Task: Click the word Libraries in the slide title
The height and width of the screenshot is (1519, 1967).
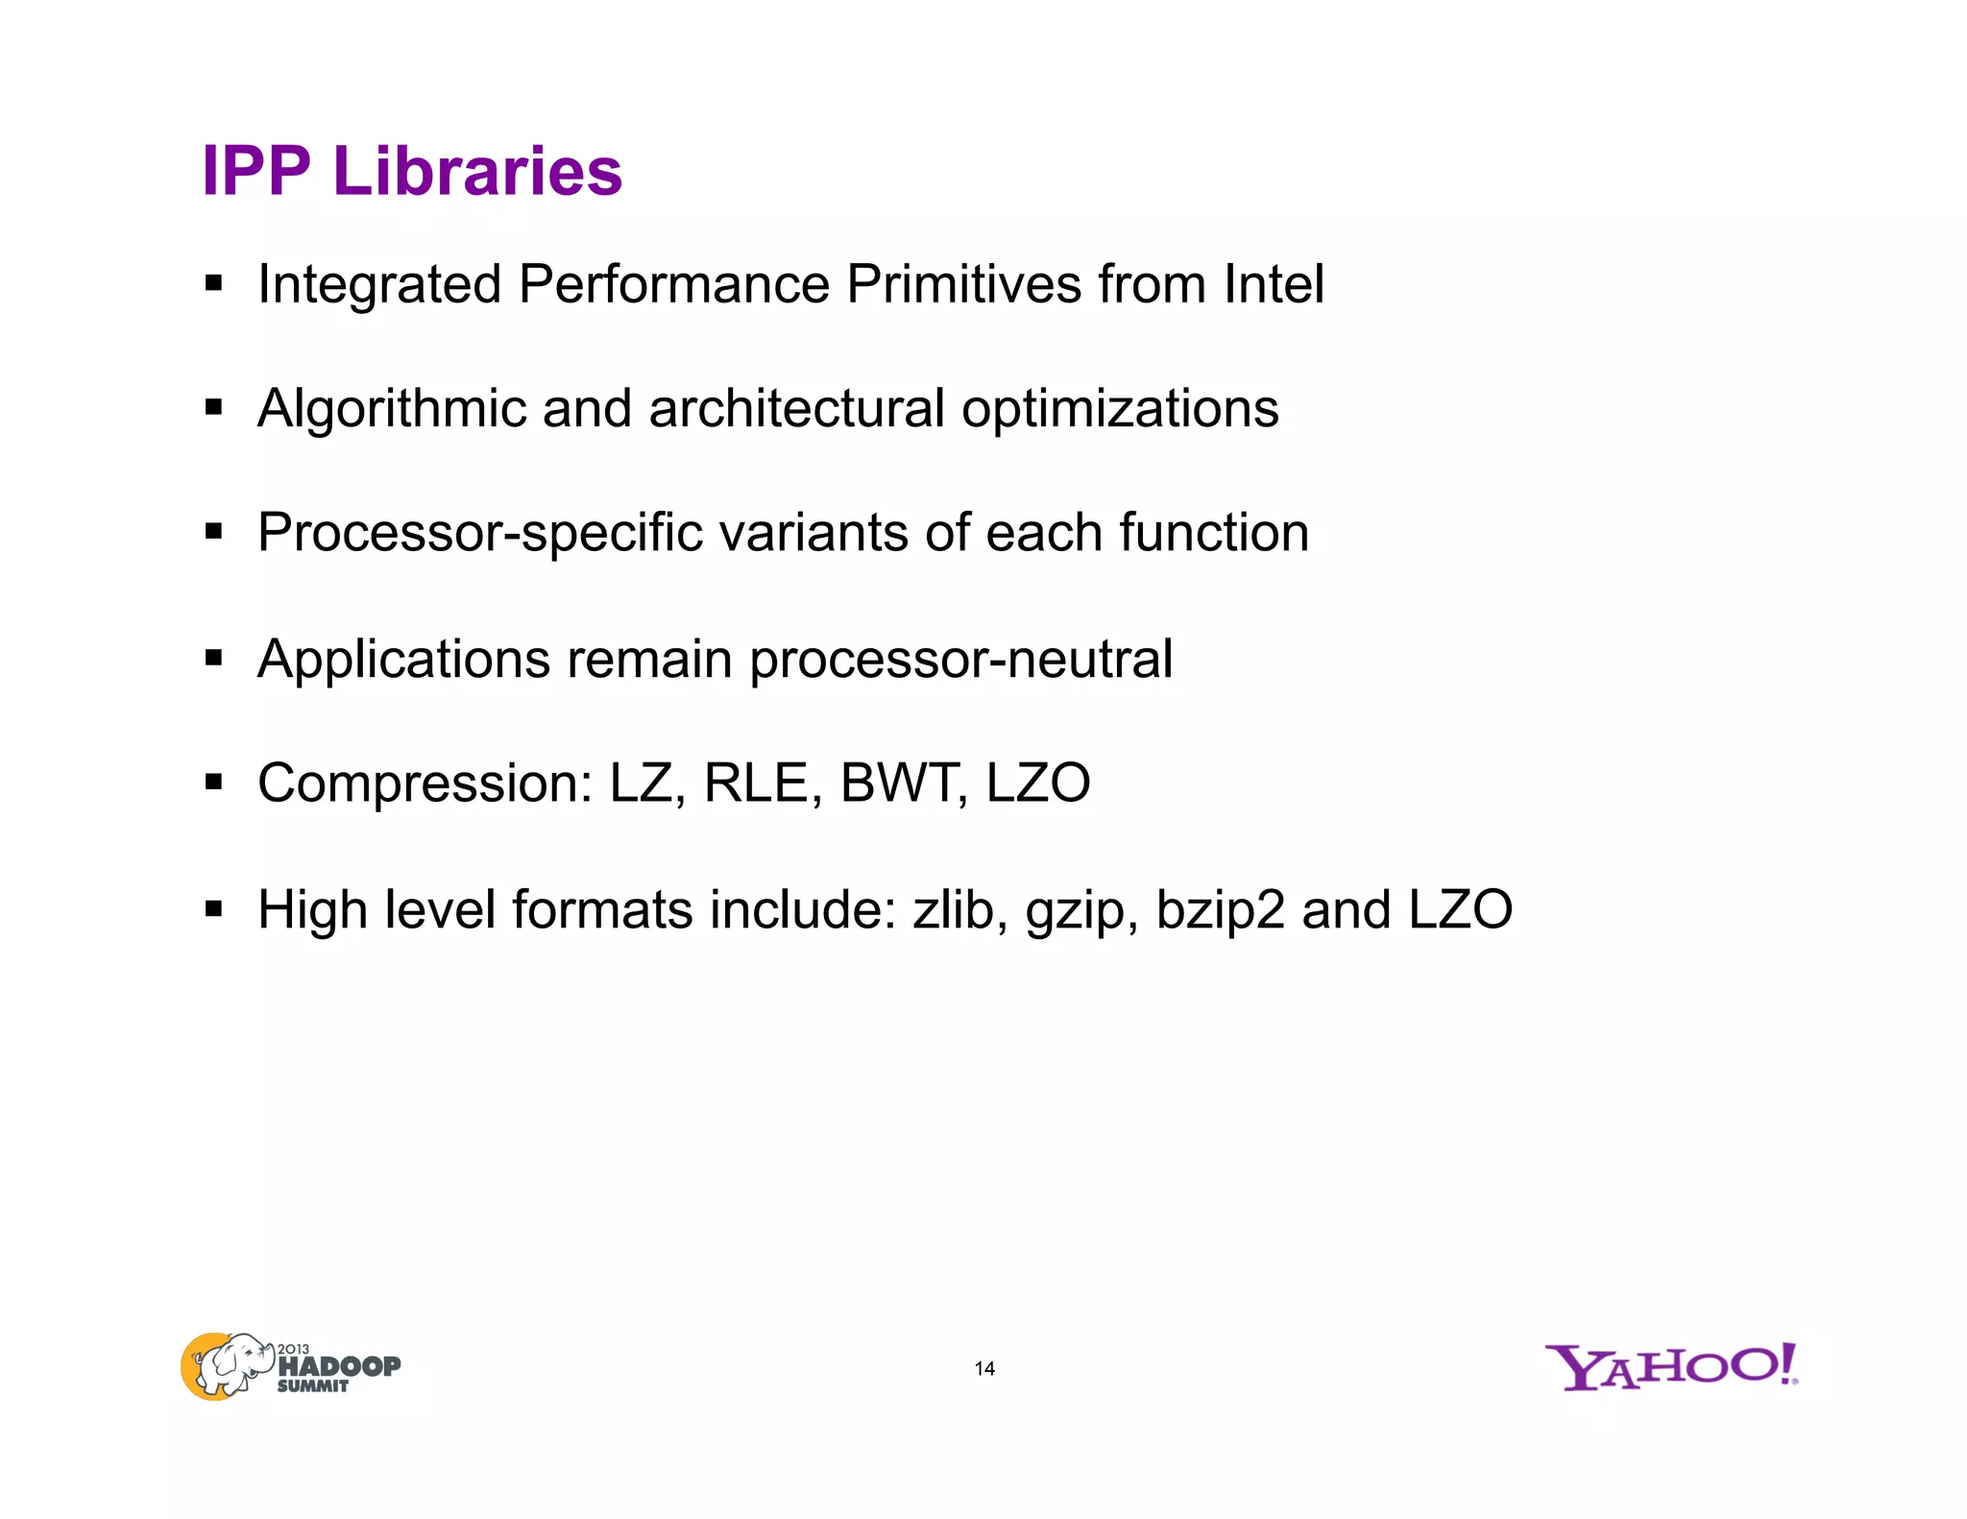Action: [477, 172]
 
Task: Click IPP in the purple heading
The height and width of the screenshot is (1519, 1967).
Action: [256, 172]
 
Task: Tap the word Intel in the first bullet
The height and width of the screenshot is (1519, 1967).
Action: [1274, 284]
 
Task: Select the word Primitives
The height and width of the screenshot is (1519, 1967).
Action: [963, 284]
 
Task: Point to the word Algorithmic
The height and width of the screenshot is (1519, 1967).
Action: [392, 409]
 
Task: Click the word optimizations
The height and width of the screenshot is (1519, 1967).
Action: [1120, 409]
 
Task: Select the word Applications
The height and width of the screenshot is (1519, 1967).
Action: [403, 660]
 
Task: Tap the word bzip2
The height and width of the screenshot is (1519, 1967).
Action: [1220, 910]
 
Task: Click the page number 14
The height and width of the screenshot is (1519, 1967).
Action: [984, 1369]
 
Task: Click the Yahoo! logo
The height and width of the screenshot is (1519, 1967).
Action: [1670, 1366]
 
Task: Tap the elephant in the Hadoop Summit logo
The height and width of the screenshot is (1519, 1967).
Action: [228, 1364]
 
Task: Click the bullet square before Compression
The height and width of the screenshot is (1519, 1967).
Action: [213, 784]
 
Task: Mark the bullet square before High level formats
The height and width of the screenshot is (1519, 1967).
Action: [213, 908]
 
